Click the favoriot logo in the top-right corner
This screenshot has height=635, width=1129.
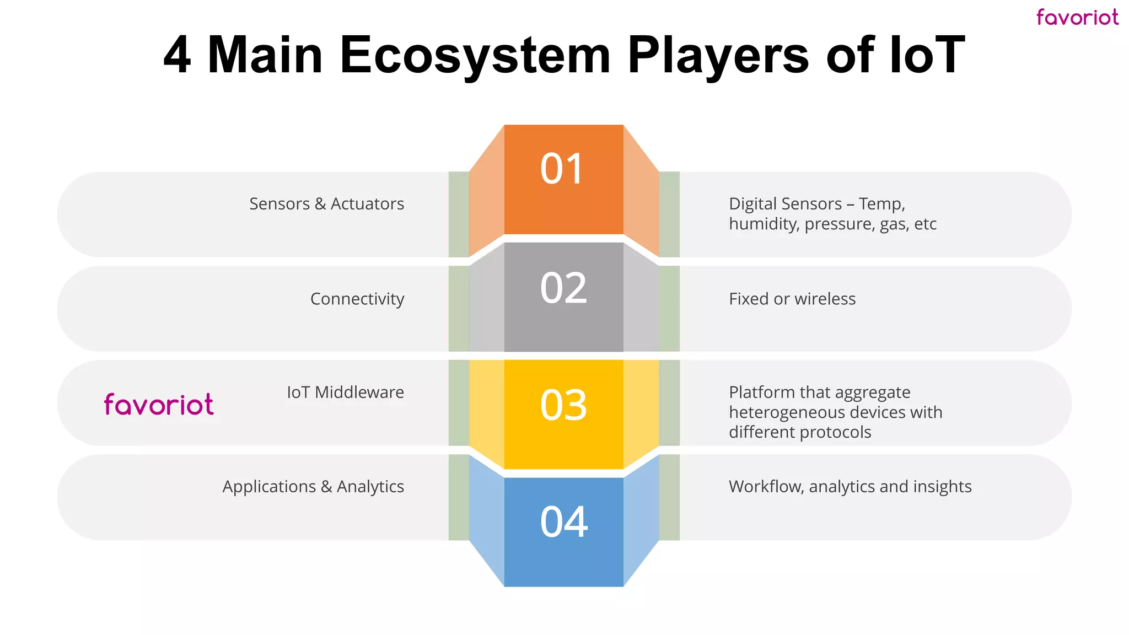pyautogui.click(x=1077, y=17)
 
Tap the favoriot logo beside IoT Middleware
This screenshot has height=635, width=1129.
pyautogui.click(x=159, y=404)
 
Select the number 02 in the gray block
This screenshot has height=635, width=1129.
pyautogui.click(x=563, y=288)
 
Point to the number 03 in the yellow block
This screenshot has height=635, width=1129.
pyautogui.click(x=563, y=405)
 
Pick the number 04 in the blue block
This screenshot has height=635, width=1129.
pyautogui.click(x=564, y=521)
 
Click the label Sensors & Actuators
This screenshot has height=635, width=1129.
pyautogui.click(x=326, y=204)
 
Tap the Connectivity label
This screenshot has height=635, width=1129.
pyautogui.click(x=357, y=299)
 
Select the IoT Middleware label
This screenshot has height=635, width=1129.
pyautogui.click(x=345, y=392)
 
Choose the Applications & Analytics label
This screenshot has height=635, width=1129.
pyautogui.click(x=313, y=487)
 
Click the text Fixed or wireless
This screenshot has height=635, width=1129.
pyautogui.click(x=792, y=299)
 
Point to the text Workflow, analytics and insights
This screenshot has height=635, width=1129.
pyautogui.click(x=850, y=487)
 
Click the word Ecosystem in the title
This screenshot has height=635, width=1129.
pyautogui.click(x=475, y=55)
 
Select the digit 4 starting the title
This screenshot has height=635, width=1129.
pyautogui.click(x=177, y=55)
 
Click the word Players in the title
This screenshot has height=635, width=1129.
pyautogui.click(x=718, y=55)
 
